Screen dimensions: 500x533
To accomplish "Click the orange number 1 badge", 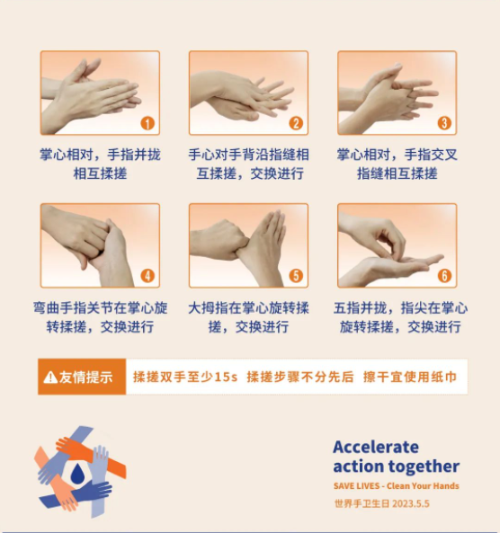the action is point(147,123).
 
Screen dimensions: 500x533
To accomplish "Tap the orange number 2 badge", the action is point(296,123).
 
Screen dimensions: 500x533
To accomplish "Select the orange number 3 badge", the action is point(444,123).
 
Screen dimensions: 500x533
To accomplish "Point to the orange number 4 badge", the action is point(147,276).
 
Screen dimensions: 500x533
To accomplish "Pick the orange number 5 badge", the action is point(296,276).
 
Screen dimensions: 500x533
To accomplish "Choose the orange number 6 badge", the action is point(444,276).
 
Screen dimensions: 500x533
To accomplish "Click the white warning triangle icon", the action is point(50,378).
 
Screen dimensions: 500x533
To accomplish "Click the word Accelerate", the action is point(376,447).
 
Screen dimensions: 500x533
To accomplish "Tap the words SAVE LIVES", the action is point(356,486).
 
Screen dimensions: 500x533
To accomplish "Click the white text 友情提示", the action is point(85,378).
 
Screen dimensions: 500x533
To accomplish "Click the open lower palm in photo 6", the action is point(391,269).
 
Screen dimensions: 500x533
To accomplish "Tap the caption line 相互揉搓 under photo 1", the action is point(100,173).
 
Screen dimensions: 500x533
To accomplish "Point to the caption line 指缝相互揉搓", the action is point(397,173).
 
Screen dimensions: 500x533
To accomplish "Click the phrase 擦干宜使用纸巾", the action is point(410,377).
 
